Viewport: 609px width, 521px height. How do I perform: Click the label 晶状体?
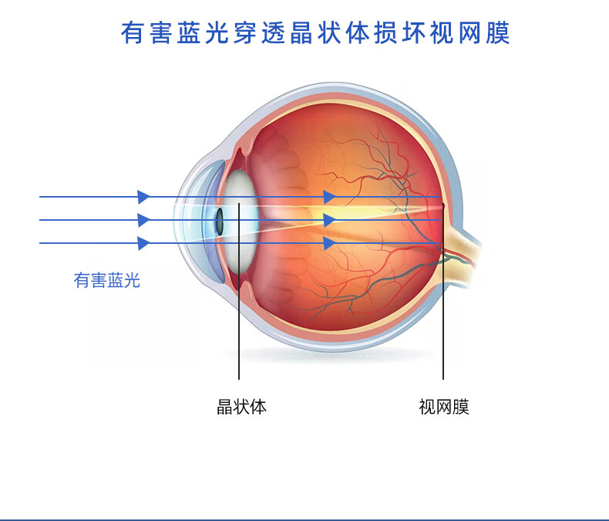click(241, 407)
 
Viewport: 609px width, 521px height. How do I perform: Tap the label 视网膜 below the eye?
click(443, 407)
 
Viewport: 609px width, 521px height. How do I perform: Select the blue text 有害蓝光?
click(107, 280)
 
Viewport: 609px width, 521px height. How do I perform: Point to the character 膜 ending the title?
click(496, 34)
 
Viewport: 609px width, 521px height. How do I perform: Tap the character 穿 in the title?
click(246, 34)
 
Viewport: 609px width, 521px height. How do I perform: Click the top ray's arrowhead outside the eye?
click(143, 197)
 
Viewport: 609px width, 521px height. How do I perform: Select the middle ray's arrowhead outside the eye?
click(143, 220)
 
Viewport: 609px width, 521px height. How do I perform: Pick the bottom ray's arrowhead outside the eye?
click(143, 243)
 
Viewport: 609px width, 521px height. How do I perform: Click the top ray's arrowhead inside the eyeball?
click(329, 197)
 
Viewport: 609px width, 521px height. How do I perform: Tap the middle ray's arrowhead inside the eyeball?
click(329, 220)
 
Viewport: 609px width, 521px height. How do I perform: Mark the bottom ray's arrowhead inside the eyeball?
click(329, 243)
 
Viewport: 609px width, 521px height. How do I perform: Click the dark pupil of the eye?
click(220, 222)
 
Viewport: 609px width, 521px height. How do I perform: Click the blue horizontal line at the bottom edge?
click(304, 519)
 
